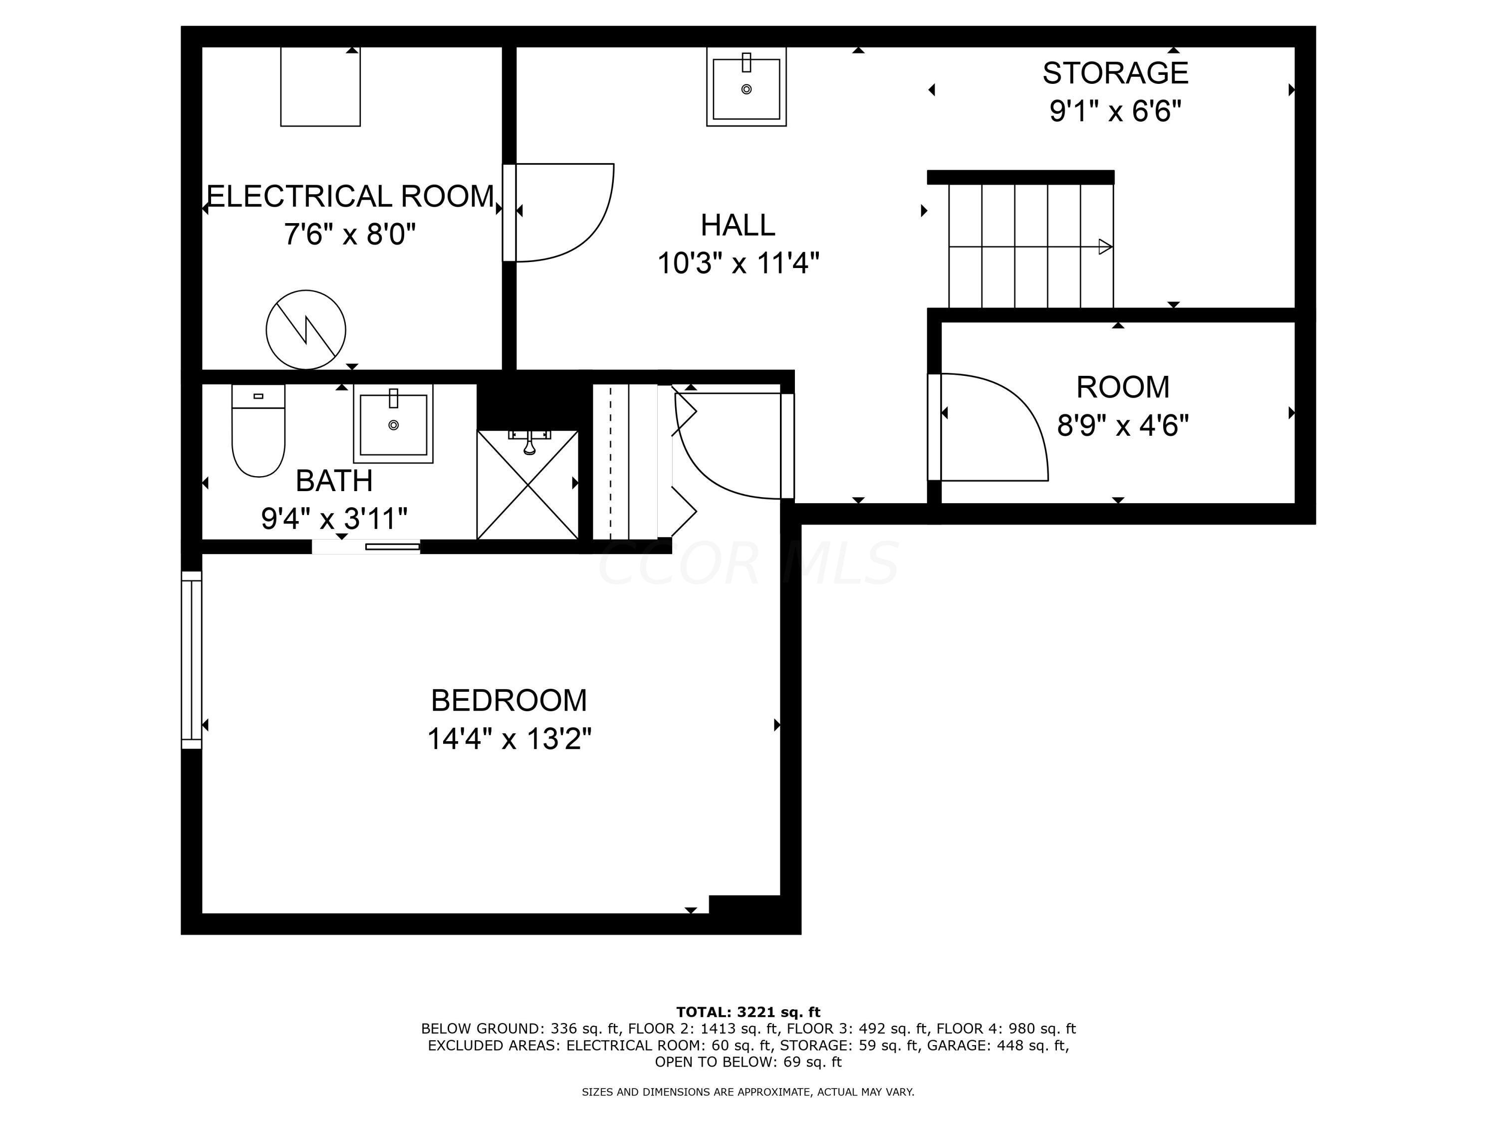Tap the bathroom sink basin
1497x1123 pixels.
[393, 424]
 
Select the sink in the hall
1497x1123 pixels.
[746, 88]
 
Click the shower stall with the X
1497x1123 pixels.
[527, 485]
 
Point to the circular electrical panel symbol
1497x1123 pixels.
[306, 329]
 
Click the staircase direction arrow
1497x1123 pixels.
[1104, 247]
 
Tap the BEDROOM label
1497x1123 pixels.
[509, 701]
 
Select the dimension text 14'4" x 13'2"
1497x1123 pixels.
[509, 739]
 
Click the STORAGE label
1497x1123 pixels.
[1115, 73]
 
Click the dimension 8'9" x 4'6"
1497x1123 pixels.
[1123, 426]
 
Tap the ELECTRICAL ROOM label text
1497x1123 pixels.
[350, 196]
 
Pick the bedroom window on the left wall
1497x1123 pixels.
[192, 660]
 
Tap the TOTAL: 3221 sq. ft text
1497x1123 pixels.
[748, 1012]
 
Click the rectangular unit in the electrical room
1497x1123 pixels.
[320, 87]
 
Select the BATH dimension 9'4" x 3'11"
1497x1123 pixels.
[334, 519]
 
